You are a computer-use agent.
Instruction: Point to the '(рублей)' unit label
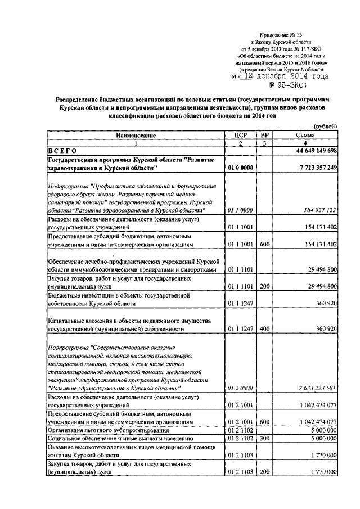[x=325, y=128]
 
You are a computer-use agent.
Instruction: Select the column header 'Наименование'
[x=135, y=136]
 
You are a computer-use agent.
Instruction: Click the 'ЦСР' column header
[x=240, y=136]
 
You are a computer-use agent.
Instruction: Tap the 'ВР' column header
[x=264, y=136]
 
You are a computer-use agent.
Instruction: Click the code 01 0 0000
[x=240, y=168]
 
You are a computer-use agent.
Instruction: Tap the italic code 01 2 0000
[x=240, y=388]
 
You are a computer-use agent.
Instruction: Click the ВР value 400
[x=264, y=328]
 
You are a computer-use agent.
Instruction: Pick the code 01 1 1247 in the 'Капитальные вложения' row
[x=240, y=328]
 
